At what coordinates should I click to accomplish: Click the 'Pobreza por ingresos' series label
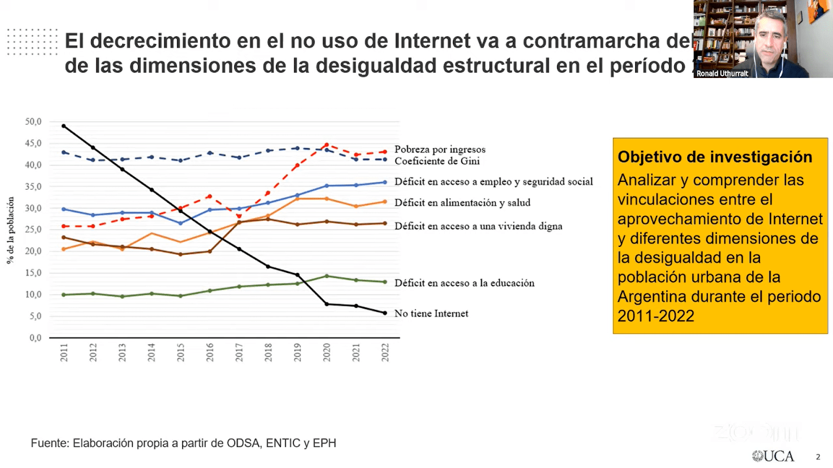(439, 149)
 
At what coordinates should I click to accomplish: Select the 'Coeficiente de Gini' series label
(437, 161)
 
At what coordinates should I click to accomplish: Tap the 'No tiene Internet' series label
(431, 314)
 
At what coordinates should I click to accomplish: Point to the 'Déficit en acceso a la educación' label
(464, 283)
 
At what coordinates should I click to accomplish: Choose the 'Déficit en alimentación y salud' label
(462, 203)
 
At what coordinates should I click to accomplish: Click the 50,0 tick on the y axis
(33, 122)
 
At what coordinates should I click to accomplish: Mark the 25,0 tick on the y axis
(33, 229)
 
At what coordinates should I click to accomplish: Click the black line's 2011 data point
(64, 126)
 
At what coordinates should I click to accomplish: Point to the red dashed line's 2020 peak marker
(326, 145)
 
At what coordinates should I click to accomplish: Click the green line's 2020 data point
(326, 276)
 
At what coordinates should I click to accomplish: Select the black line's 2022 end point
(385, 313)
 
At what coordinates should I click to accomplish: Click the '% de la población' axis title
(10, 230)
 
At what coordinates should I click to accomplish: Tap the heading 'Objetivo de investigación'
(714, 157)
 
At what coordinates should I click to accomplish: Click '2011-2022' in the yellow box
(655, 316)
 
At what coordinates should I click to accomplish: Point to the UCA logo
(774, 456)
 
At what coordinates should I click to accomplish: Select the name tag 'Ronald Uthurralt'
(722, 74)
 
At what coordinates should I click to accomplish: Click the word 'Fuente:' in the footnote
(49, 443)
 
